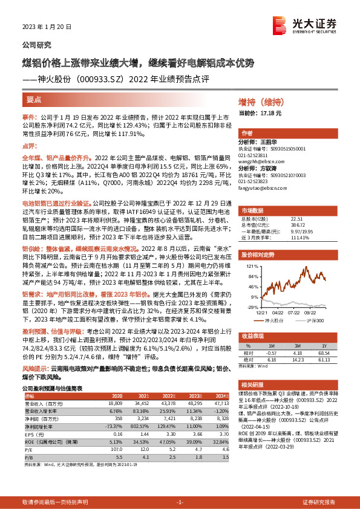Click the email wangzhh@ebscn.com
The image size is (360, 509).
pos(263,162)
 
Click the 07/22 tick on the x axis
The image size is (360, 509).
pos(293,312)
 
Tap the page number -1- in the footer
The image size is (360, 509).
pos(180,502)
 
